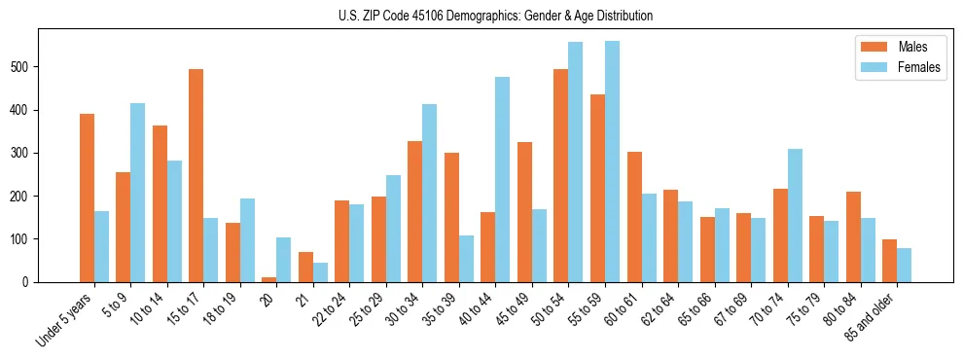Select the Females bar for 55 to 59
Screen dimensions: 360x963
612,162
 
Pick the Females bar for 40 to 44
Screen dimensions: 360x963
503,179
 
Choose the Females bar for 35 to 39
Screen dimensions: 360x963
466,258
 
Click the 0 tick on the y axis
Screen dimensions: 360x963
31,282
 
